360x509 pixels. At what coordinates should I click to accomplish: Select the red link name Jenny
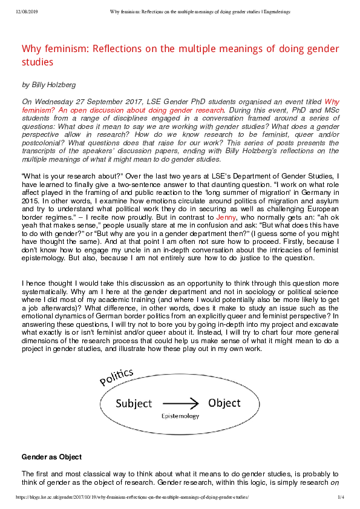point(226,215)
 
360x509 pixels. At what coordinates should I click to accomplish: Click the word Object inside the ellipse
point(223,403)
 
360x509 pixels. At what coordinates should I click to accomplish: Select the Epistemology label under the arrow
point(179,416)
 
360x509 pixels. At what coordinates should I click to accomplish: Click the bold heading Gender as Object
point(51,456)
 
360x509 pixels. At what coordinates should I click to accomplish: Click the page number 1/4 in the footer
point(341,497)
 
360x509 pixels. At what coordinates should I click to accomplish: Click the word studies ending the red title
point(38,62)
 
